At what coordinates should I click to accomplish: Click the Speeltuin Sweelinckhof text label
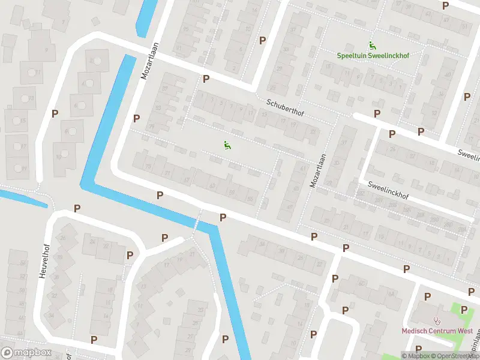coord(373,55)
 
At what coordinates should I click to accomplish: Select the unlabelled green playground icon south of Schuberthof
coord(227,145)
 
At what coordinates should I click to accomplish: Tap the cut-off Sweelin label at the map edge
coord(469,155)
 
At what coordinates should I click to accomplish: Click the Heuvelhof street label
coord(43,261)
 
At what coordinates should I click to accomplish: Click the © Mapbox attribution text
coord(416,356)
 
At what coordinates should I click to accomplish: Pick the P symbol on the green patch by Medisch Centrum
coord(464,310)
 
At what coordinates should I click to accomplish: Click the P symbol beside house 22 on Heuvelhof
coord(130,255)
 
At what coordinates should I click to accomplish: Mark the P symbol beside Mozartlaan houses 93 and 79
coord(137,119)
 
